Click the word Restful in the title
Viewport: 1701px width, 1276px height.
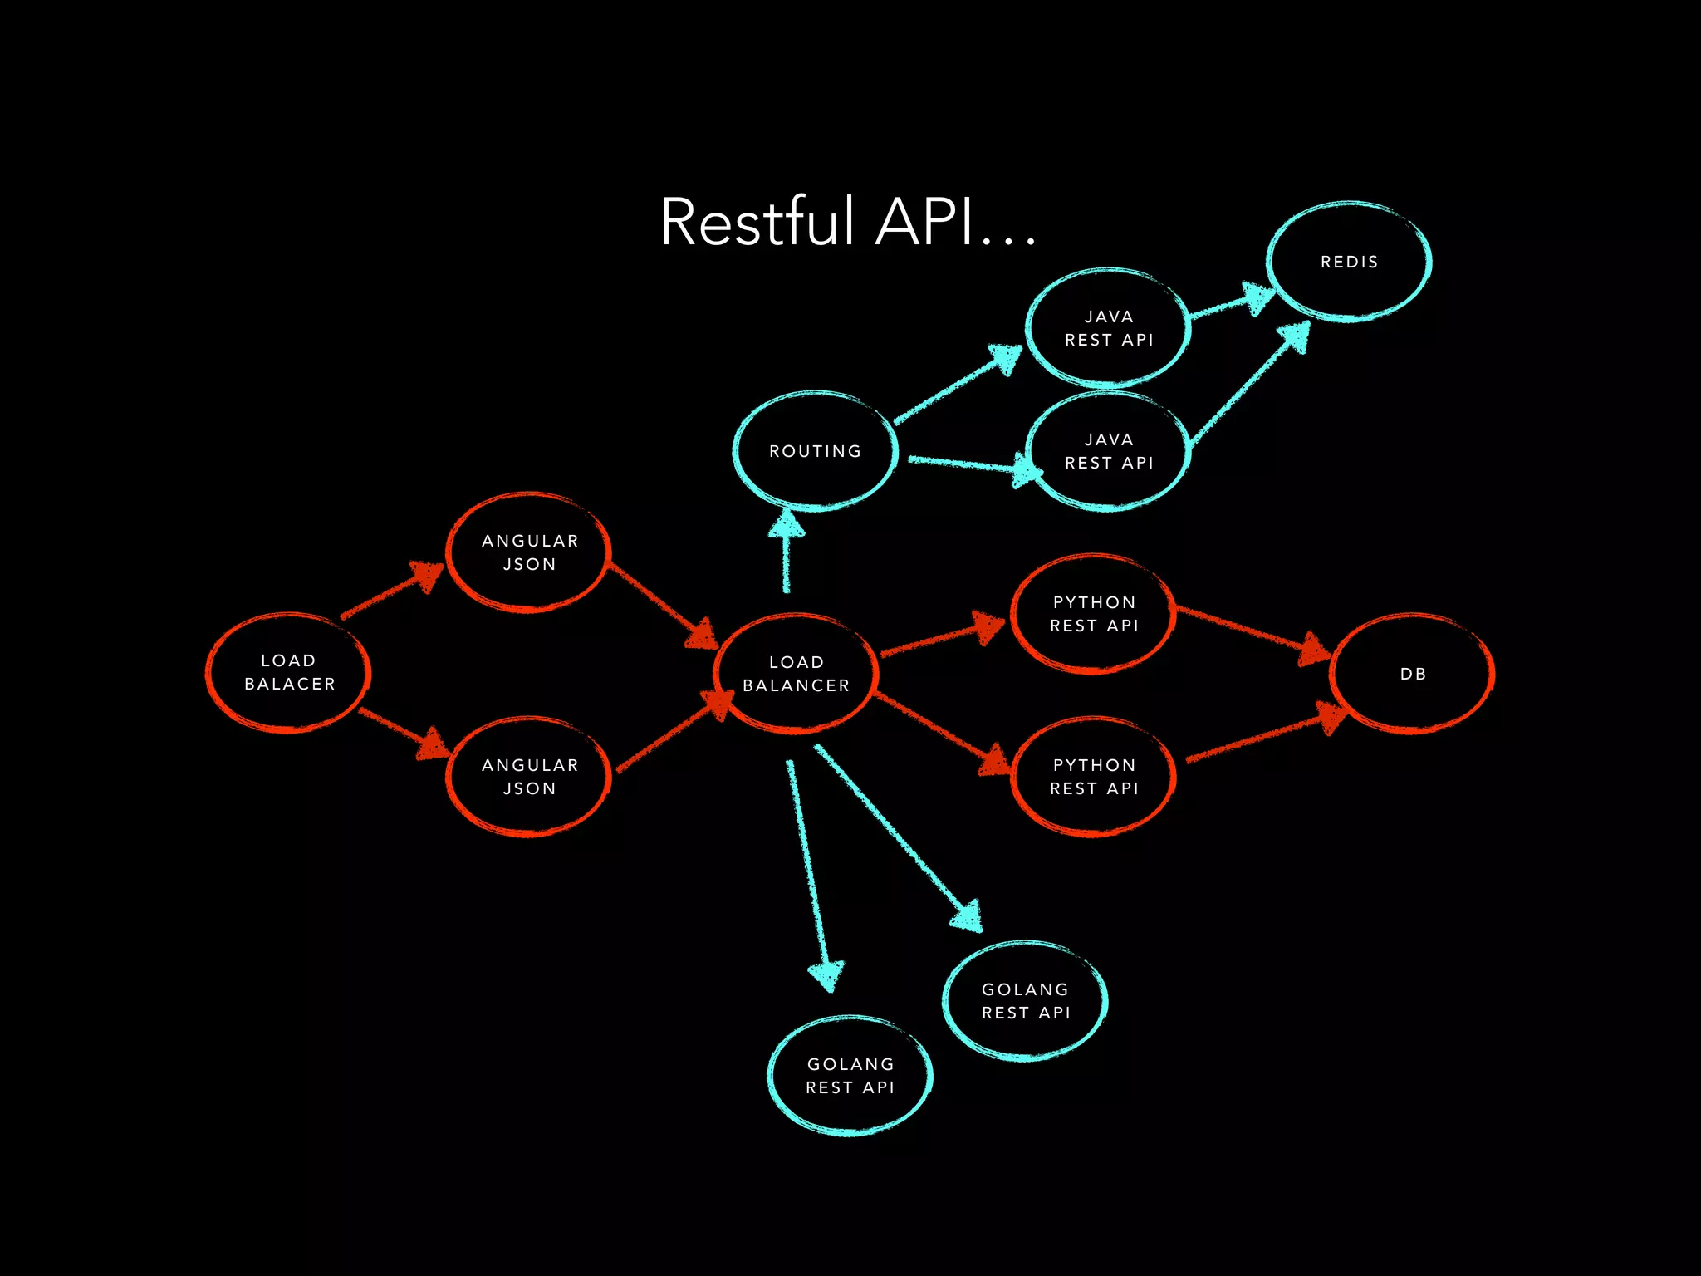click(x=757, y=222)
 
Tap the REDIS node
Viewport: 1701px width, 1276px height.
click(x=1349, y=262)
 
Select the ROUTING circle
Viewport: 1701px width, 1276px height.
click(x=815, y=451)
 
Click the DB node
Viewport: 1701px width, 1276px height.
click(x=1412, y=674)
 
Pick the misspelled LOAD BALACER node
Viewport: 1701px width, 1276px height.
click(x=288, y=673)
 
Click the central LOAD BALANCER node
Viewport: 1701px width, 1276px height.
click(x=796, y=674)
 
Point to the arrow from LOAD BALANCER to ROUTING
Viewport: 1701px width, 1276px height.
click(x=786, y=552)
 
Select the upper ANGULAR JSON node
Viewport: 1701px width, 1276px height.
click(x=529, y=552)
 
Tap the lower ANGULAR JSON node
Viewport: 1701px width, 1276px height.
click(x=529, y=777)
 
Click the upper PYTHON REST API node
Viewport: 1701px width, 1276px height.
click(x=1093, y=614)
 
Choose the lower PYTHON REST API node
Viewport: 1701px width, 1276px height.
click(x=1093, y=777)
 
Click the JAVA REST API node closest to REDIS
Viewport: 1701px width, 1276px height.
click(x=1108, y=328)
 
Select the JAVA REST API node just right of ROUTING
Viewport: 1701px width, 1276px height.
click(x=1108, y=451)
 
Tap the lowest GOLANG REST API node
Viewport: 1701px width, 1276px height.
click(x=850, y=1076)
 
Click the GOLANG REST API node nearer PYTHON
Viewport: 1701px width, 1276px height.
click(x=1025, y=1001)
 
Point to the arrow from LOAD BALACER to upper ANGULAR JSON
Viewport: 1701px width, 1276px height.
click(x=390, y=591)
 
